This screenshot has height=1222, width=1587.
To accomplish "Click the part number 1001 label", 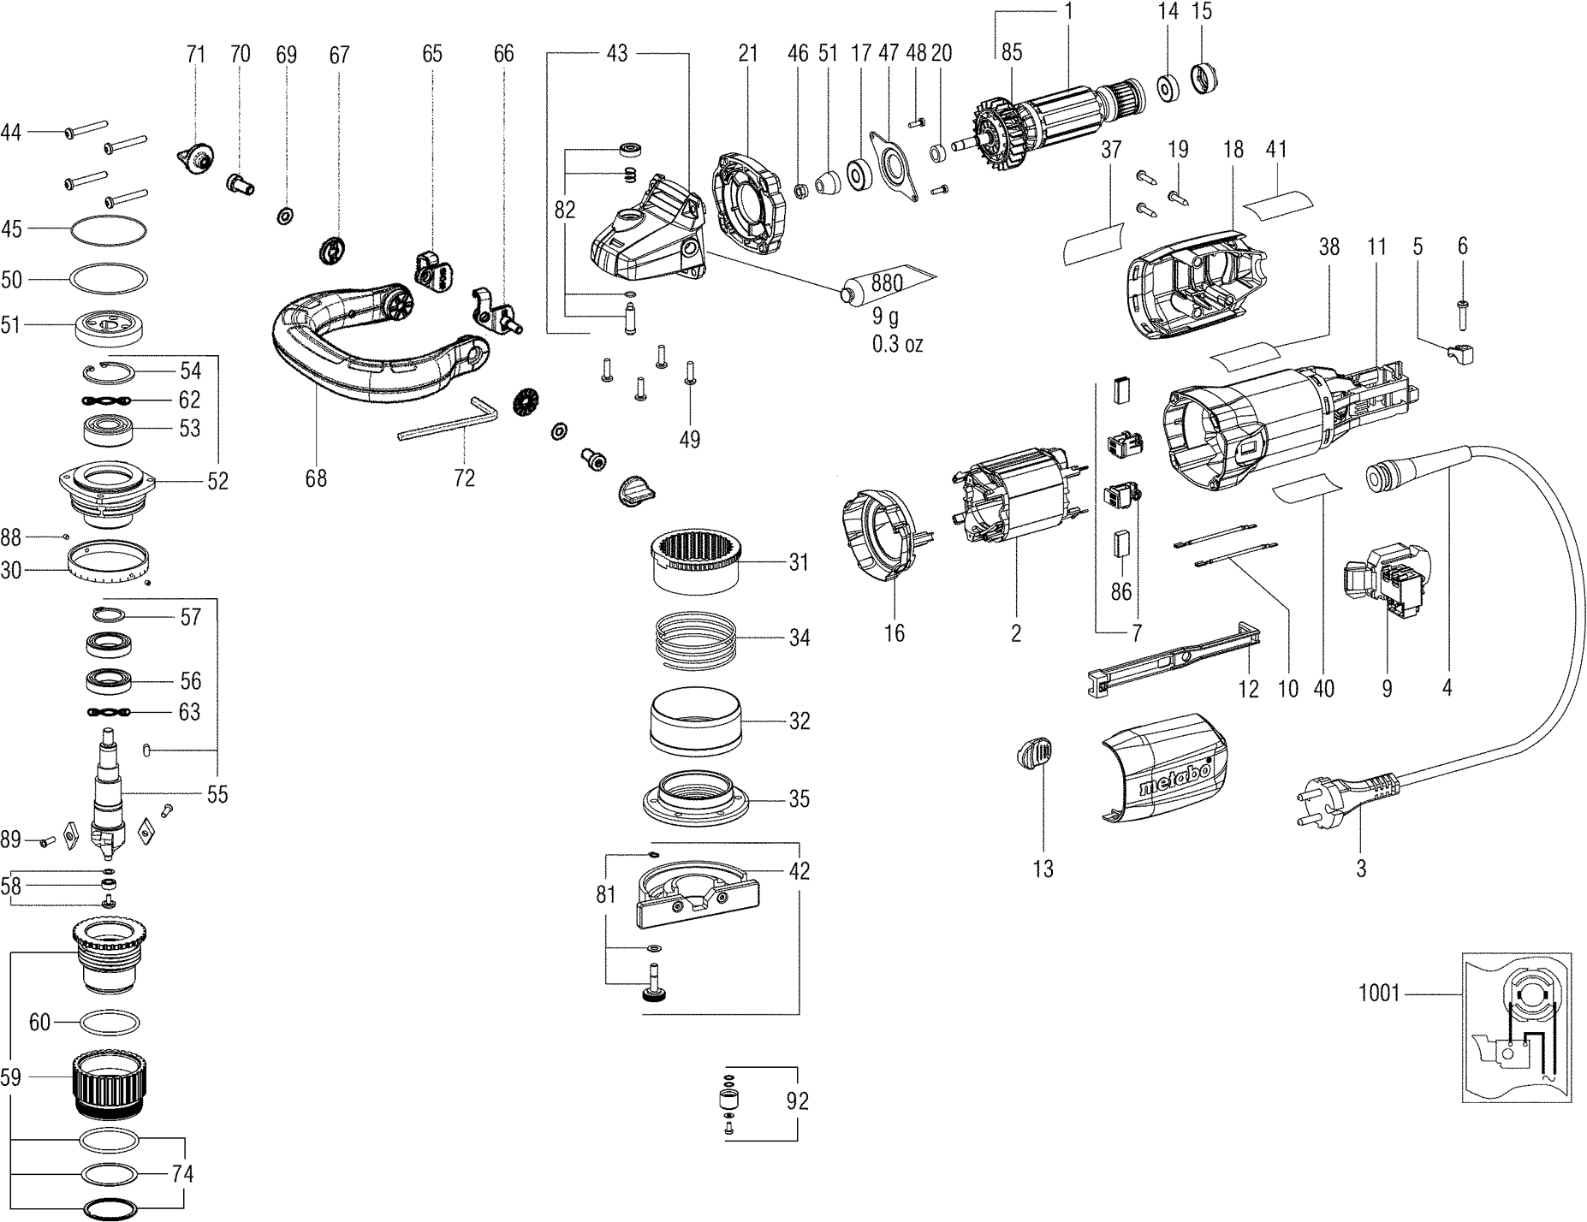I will (1378, 994).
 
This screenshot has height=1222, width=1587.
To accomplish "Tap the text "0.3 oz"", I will (897, 345).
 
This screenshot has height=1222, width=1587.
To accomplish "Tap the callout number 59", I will (10, 1077).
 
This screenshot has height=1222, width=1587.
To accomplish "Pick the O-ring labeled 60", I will (110, 1022).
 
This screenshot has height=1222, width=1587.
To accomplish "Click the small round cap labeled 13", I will (1034, 758).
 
